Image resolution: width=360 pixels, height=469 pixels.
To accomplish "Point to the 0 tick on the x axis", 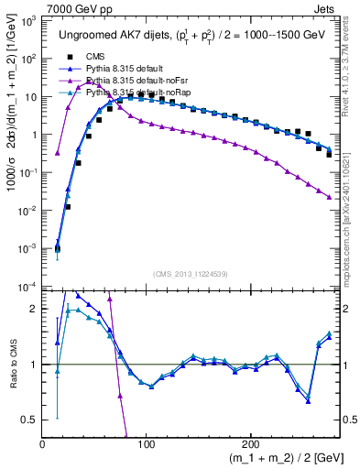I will click(x=43, y=444).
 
